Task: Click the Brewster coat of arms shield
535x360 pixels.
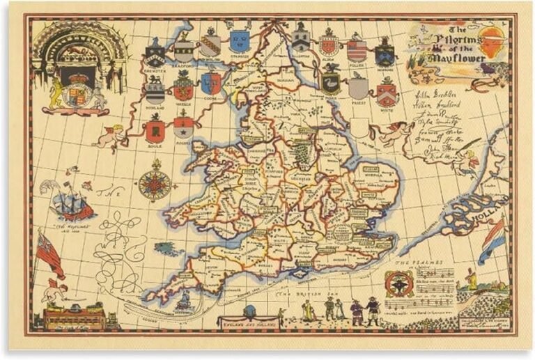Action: (155, 53)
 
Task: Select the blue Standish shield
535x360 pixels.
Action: (240, 41)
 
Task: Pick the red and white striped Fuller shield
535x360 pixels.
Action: (357, 50)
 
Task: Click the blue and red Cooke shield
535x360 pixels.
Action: (211, 84)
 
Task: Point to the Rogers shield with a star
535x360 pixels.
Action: (184, 127)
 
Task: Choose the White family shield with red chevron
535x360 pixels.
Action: (387, 91)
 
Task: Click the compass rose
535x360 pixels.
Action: (155, 183)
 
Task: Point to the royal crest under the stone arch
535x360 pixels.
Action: (77, 91)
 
